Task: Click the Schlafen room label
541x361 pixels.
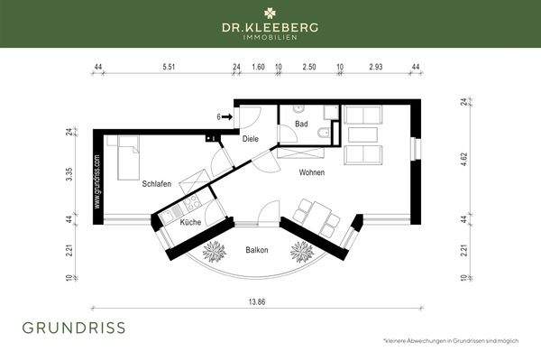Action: (156, 183)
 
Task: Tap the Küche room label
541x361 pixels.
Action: (191, 222)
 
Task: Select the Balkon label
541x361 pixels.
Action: (256, 250)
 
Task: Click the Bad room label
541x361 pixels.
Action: (302, 124)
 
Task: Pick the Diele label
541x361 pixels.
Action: (251, 138)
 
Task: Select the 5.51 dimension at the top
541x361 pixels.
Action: (169, 67)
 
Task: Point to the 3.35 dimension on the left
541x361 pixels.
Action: (69, 173)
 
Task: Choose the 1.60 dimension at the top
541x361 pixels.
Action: (258, 67)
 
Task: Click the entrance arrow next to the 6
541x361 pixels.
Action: (228, 116)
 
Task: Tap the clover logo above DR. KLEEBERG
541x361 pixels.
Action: (270, 12)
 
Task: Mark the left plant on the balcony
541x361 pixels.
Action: (215, 248)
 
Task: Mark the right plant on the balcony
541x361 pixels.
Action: (298, 248)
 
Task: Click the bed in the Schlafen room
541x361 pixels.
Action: (125, 157)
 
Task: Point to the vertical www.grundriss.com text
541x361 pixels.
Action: (97, 182)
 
